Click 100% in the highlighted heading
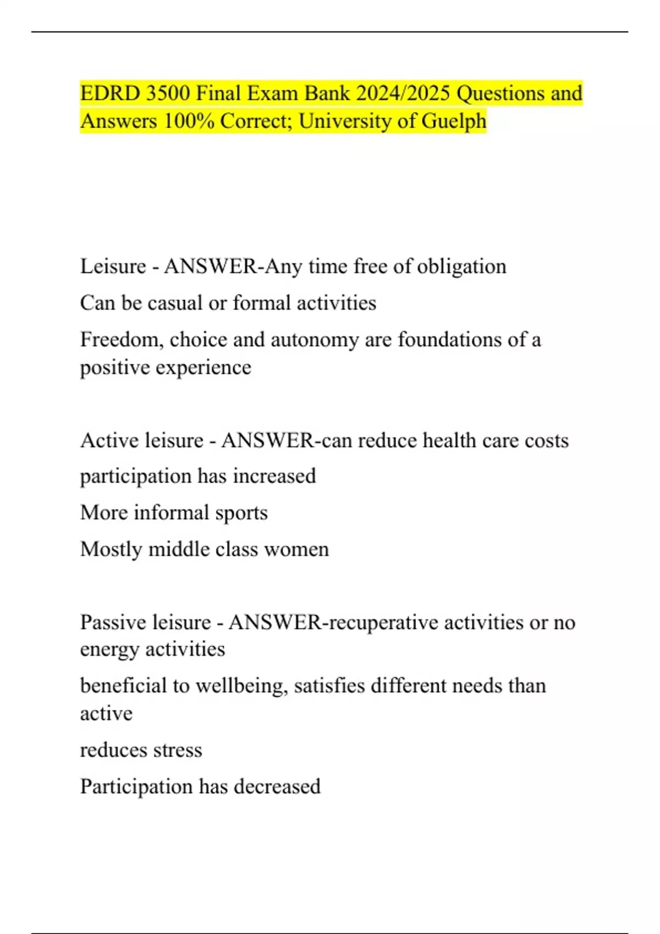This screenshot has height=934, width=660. [189, 121]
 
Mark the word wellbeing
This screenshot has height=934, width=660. [241, 686]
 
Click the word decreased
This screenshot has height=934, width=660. [277, 787]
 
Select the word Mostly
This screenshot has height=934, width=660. [111, 549]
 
